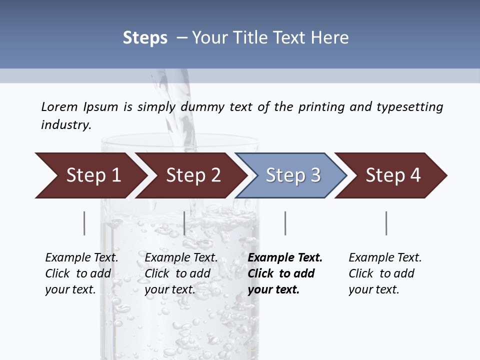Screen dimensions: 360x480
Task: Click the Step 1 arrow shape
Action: coord(90,175)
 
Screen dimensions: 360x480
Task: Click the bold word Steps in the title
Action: coord(145,38)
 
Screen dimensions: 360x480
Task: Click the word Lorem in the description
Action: coord(59,106)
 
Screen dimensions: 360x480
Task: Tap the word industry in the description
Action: coord(66,124)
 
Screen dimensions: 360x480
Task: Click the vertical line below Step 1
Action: coord(84,223)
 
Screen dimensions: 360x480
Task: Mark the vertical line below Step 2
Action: coord(184,223)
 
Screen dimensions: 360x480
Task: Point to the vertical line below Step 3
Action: coord(285,223)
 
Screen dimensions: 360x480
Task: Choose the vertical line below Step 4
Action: coord(386,223)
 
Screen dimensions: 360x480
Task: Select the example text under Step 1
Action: coord(81,273)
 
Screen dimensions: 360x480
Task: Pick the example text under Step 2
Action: coord(180,273)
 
